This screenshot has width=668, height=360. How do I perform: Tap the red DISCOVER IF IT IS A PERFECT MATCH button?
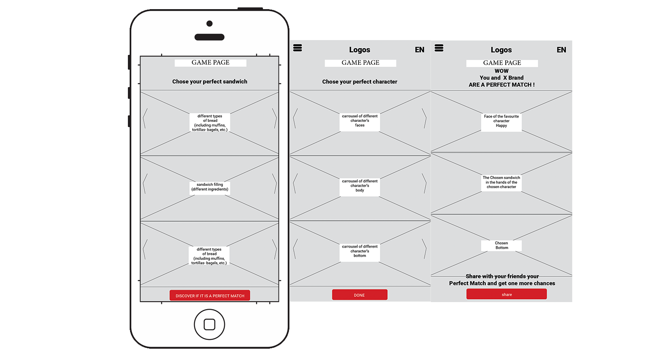[210, 295]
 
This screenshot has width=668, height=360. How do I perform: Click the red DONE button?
[359, 295]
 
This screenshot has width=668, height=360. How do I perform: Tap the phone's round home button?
[209, 324]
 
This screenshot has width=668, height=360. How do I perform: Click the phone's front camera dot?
[209, 24]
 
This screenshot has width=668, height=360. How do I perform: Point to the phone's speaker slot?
[209, 37]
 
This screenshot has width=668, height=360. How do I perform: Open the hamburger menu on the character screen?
[297, 48]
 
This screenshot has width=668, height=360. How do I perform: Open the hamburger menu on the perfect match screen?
[439, 48]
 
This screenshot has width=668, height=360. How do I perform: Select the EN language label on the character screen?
[420, 50]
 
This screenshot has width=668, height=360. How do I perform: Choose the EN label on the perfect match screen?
[561, 50]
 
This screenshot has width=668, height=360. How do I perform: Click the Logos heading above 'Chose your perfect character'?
[359, 50]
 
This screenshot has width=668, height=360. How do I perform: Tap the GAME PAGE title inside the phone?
[210, 63]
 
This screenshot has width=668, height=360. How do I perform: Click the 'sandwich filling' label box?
[210, 187]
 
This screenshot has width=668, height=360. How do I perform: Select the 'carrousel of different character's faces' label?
[359, 121]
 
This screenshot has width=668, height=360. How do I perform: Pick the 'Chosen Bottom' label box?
[501, 246]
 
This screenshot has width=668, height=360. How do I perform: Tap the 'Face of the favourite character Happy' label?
[501, 121]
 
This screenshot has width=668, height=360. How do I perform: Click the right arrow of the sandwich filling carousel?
[274, 183]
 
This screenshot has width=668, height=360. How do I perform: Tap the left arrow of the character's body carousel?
[295, 183]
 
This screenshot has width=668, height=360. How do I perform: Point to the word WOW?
[502, 71]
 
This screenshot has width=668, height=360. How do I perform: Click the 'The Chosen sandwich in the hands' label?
[501, 182]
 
